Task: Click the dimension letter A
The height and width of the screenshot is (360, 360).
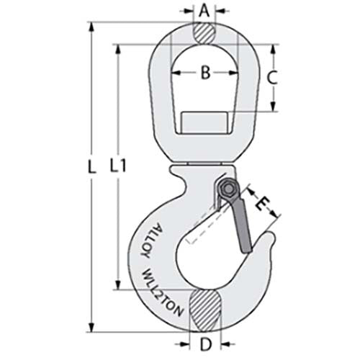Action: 204,10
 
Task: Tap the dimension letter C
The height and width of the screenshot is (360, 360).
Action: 273,78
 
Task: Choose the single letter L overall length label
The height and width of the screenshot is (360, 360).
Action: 90,165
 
